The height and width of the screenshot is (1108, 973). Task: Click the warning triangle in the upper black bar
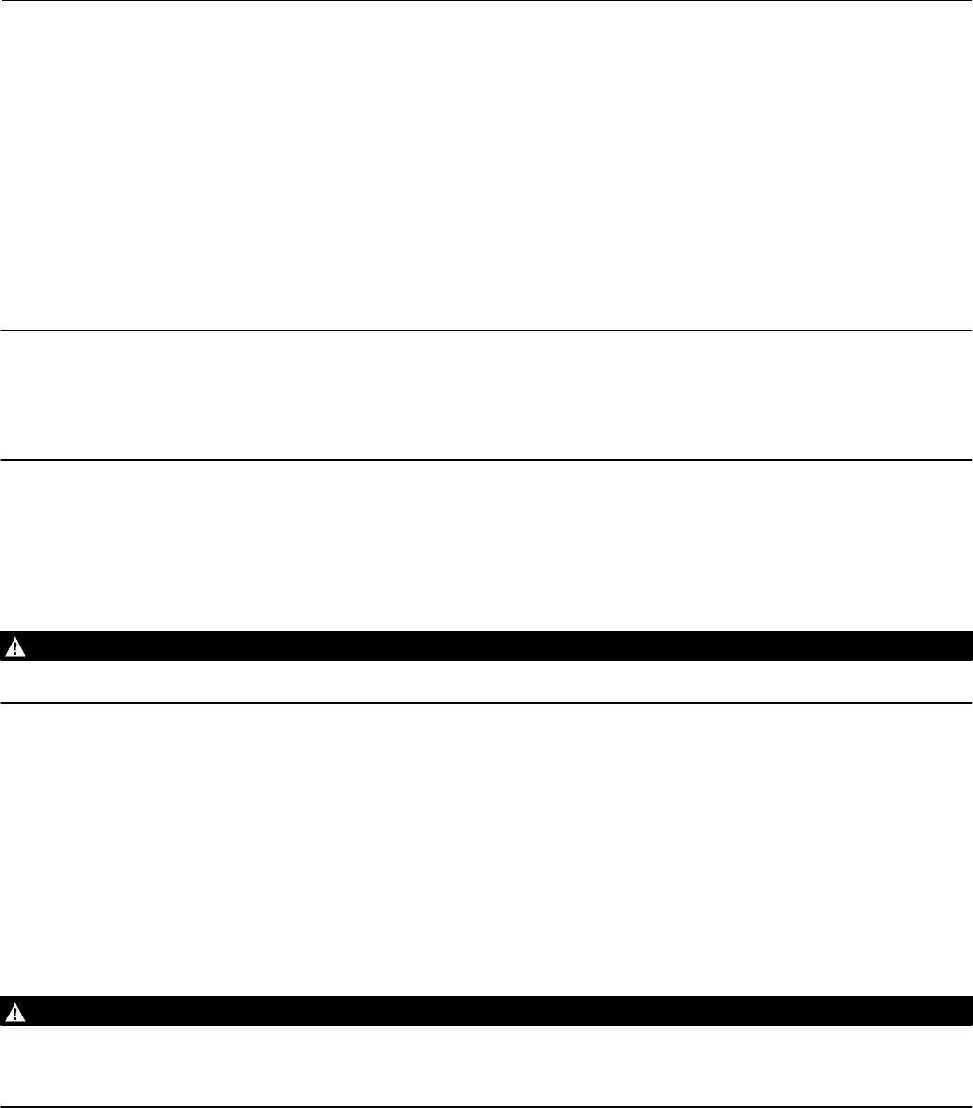click(16, 646)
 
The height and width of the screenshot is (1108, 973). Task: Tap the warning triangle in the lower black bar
click(16, 1012)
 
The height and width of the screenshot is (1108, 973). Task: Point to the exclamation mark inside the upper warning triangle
click(16, 647)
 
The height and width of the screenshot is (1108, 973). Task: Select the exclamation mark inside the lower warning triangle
click(16, 1013)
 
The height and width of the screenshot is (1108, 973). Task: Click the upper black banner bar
click(486, 646)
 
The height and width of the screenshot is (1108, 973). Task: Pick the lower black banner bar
click(486, 1012)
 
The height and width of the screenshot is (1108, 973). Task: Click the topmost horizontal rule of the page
click(486, 1)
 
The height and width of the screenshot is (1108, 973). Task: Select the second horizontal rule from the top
click(486, 330)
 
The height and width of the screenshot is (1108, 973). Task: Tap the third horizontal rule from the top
click(486, 459)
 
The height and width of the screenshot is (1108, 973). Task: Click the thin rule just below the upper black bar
click(486, 702)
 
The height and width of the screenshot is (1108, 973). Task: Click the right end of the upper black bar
click(966, 646)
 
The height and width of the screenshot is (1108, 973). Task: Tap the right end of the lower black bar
click(966, 1012)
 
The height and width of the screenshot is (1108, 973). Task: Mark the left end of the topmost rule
click(4, 1)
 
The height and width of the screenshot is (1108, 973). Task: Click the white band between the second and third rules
click(486, 395)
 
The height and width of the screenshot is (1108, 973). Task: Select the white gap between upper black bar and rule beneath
click(486, 682)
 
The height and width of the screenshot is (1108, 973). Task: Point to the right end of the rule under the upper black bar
click(968, 702)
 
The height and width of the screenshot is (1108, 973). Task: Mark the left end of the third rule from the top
click(4, 459)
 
